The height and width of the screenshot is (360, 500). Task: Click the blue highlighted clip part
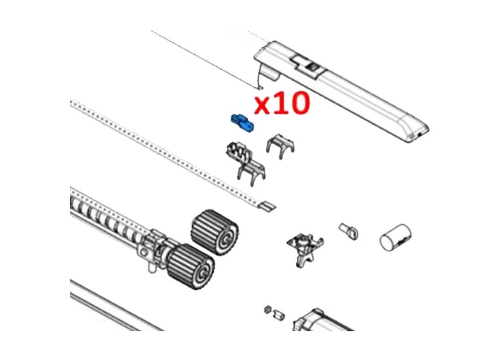point(242,123)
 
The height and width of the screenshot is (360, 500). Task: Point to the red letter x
point(264,107)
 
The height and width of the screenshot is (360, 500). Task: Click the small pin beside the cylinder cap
point(348,230)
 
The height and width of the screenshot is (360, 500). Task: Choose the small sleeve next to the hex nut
point(280,314)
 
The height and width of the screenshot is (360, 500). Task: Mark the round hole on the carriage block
point(152,252)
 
